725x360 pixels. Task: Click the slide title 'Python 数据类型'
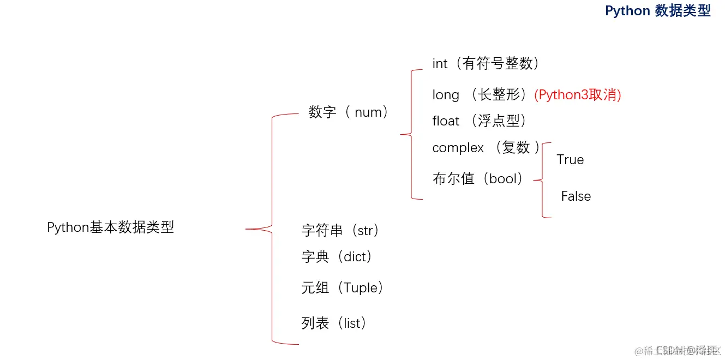click(657, 11)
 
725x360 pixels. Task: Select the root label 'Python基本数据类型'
click(110, 227)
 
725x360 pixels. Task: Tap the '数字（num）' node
click(349, 112)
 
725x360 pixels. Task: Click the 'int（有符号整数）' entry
click(486, 64)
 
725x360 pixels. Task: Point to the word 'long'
click(446, 95)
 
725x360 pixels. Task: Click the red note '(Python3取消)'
click(578, 95)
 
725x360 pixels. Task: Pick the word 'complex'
click(458, 148)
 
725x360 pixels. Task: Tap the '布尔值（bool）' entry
click(478, 178)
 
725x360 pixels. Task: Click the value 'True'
click(570, 160)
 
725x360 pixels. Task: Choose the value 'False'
click(576, 196)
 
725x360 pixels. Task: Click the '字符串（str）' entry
click(340, 230)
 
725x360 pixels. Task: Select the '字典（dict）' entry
click(337, 256)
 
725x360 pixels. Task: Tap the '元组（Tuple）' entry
click(343, 287)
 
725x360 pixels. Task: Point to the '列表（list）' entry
click(334, 323)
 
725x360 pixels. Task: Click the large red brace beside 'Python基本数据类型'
click(271, 229)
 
